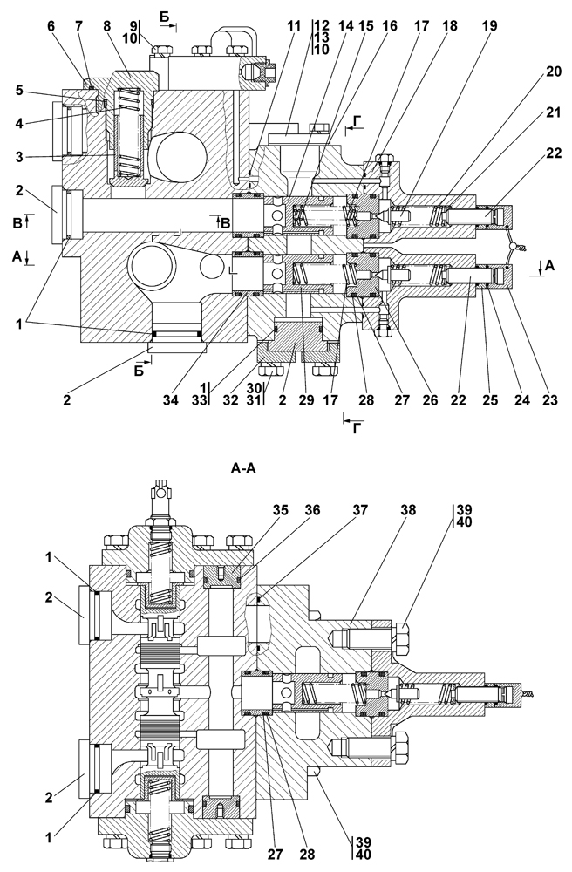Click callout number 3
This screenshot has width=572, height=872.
20,157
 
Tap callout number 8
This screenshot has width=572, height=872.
107,25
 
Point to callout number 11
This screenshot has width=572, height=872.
294,25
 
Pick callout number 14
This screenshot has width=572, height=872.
345,25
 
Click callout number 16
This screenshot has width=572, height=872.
390,25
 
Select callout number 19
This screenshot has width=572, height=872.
490,25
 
